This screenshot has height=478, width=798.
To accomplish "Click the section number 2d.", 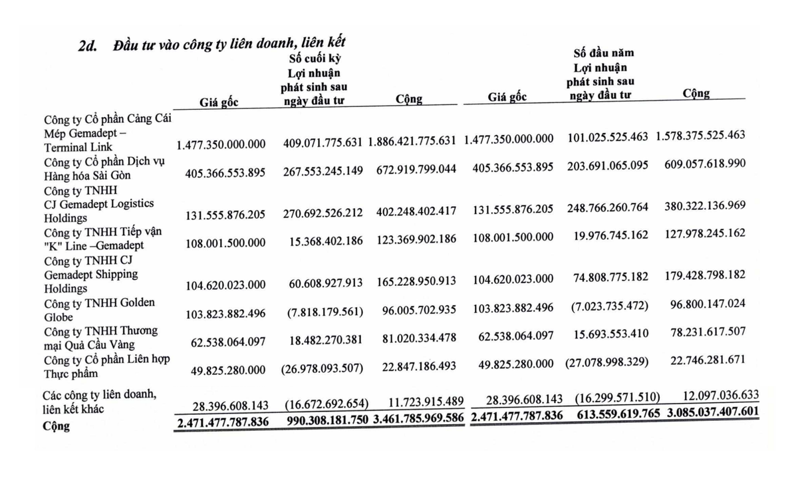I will (88, 45).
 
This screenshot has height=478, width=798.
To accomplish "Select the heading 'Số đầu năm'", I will (603, 53).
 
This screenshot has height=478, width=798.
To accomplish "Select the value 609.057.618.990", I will (705, 164).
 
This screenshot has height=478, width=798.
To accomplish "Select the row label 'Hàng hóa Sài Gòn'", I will (87, 176).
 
